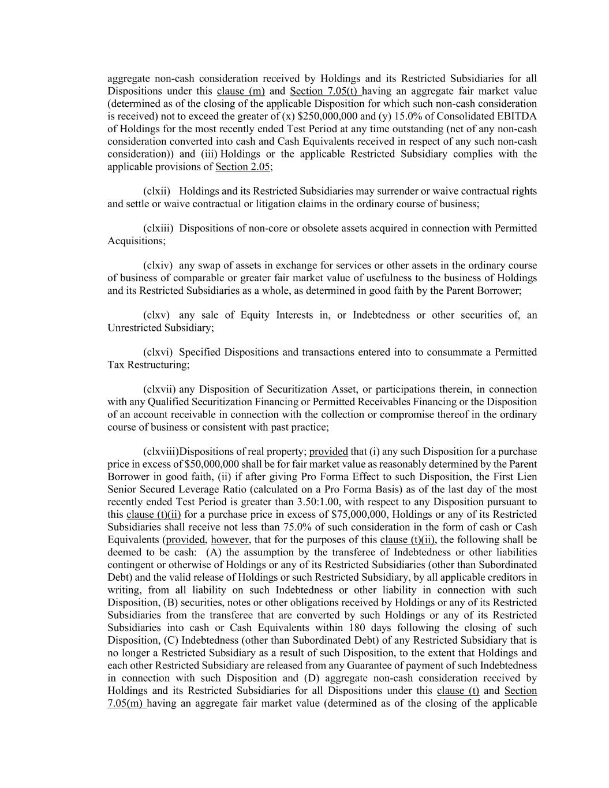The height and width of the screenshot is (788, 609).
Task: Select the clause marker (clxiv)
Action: (x=158, y=266)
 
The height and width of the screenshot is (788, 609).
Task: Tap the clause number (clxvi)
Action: (x=158, y=352)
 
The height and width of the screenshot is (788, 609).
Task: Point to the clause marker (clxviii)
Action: (x=161, y=451)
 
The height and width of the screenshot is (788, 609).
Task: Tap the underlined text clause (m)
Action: (x=241, y=91)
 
